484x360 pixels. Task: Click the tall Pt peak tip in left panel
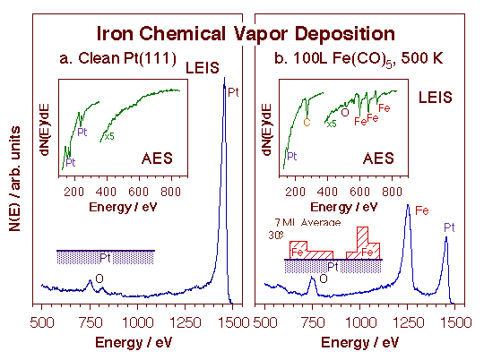(x=223, y=79)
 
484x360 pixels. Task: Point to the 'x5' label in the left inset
(x=110, y=136)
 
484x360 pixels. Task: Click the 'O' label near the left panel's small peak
(x=99, y=279)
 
